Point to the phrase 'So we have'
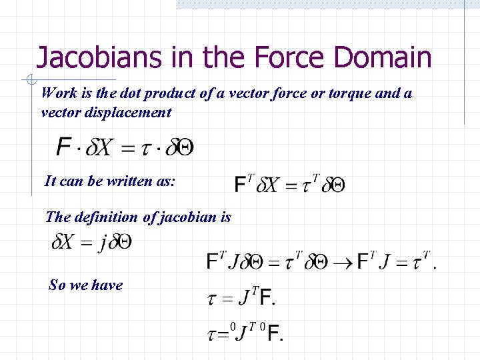[x=86, y=285]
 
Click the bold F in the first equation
[x=65, y=147]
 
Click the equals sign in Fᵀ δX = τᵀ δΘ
[x=290, y=185]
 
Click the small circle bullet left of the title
[x=31, y=81]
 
